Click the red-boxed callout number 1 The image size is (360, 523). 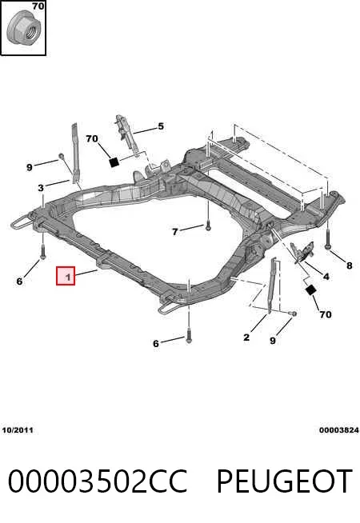pyautogui.click(x=66, y=276)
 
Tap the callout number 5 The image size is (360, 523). pyautogui.click(x=161, y=126)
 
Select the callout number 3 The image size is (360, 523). pyautogui.click(x=41, y=188)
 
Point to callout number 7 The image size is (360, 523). pyautogui.click(x=175, y=231)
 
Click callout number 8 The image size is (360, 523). pyautogui.click(x=349, y=265)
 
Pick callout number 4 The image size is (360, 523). pyautogui.click(x=326, y=276)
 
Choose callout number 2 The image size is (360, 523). pyautogui.click(x=246, y=337)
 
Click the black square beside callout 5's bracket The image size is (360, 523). pyautogui.click(x=114, y=162)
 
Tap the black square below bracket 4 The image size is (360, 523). pyautogui.click(x=310, y=290)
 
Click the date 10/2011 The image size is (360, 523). pyautogui.click(x=18, y=430)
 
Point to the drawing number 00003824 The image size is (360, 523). pyautogui.click(x=339, y=430)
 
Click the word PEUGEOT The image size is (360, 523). pyautogui.click(x=285, y=481)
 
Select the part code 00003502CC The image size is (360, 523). pyautogui.click(x=98, y=481)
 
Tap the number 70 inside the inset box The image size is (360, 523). pyautogui.click(x=38, y=6)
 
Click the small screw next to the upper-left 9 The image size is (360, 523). pyautogui.click(x=62, y=156)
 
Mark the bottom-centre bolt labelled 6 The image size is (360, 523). pyautogui.click(x=189, y=335)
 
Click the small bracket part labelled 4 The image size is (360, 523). pyautogui.click(x=302, y=252)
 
